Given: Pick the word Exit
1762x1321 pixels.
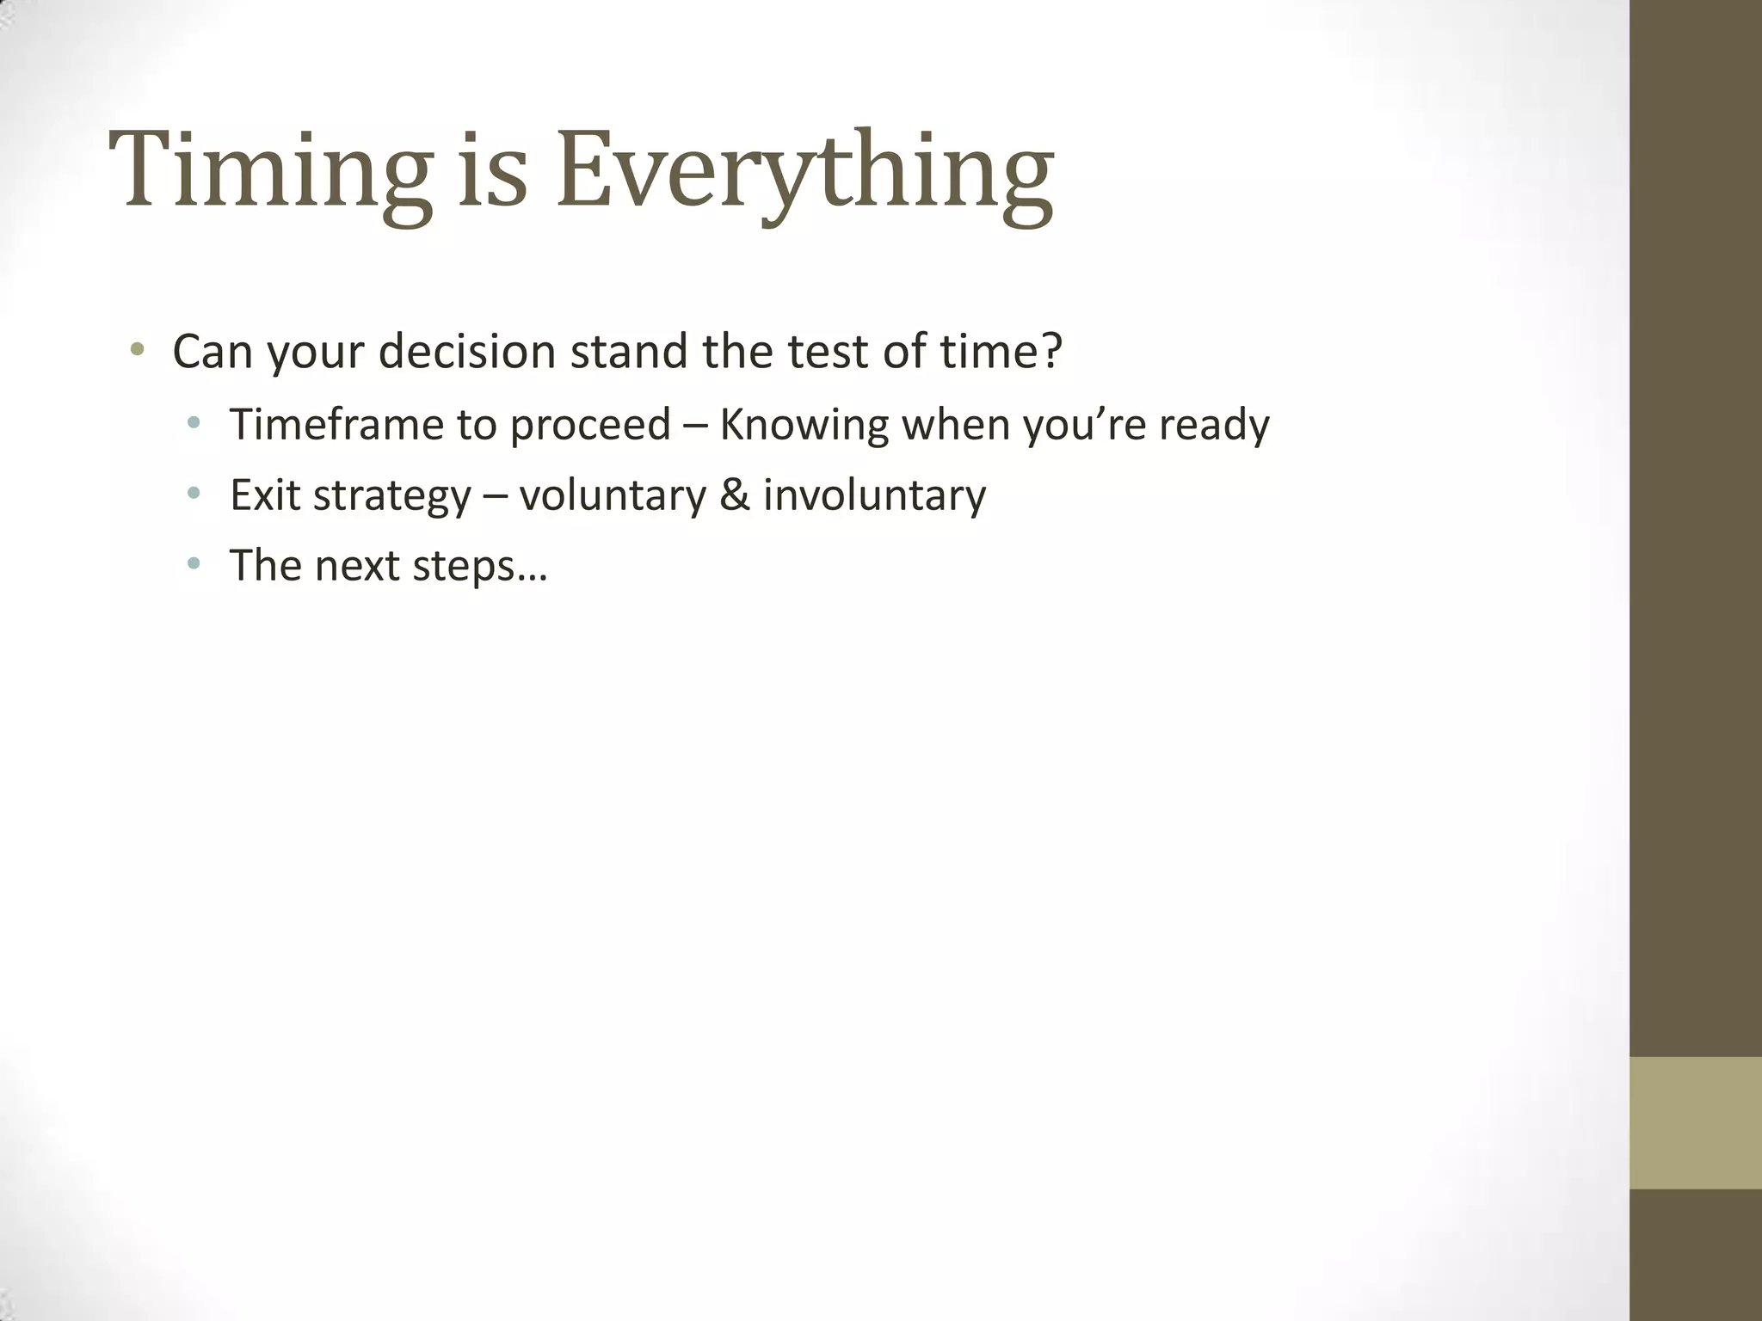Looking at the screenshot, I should [264, 495].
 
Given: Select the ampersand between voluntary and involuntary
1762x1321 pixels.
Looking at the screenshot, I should [734, 495].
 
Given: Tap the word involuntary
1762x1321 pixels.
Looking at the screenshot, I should [874, 496].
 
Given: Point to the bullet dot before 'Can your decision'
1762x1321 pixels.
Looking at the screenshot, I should [136, 350].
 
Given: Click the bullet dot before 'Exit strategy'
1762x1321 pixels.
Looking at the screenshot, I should [194, 494].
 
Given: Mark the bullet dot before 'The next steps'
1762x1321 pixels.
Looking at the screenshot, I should [194, 564].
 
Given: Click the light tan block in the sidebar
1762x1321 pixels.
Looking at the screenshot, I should [1696, 1122].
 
